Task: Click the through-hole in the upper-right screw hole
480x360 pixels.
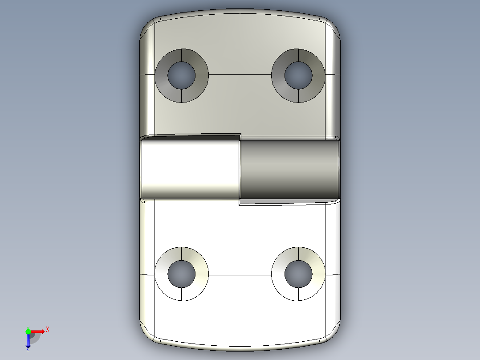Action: point(298,75)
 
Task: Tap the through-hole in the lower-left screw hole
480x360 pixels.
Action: point(181,274)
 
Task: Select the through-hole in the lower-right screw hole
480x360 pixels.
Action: point(298,273)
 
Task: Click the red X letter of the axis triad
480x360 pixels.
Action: point(48,329)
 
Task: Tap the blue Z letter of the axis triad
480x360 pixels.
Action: point(28,349)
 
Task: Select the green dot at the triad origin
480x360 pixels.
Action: point(28,331)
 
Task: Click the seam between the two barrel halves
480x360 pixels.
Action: point(240,169)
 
